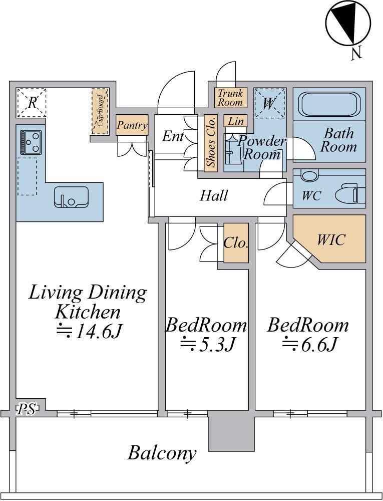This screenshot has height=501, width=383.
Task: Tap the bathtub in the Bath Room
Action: pos(329,105)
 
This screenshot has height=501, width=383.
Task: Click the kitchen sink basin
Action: pos(71,197)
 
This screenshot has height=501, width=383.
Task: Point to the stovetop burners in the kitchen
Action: pos(31,142)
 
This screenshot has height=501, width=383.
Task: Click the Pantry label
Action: pos(132,125)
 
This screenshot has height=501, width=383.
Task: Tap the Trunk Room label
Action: pos(230,98)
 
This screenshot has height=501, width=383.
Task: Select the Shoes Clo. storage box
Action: pos(211,143)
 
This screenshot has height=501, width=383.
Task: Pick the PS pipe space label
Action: pos(26,409)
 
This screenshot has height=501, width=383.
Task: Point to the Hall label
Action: pos(214,195)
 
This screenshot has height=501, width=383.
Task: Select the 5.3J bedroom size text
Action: pos(208,345)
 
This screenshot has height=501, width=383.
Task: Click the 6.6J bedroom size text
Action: pos(309,345)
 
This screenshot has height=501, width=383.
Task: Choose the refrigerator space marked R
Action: pos(32,103)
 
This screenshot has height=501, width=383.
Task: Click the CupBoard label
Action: pos(100,111)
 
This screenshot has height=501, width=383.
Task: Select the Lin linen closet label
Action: pos(236,121)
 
